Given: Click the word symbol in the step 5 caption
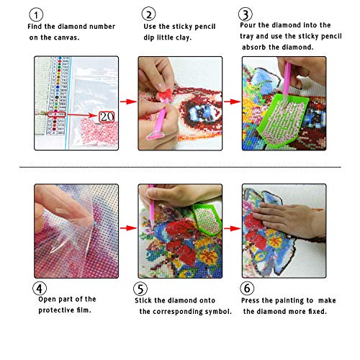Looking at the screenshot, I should click(x=215, y=312).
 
